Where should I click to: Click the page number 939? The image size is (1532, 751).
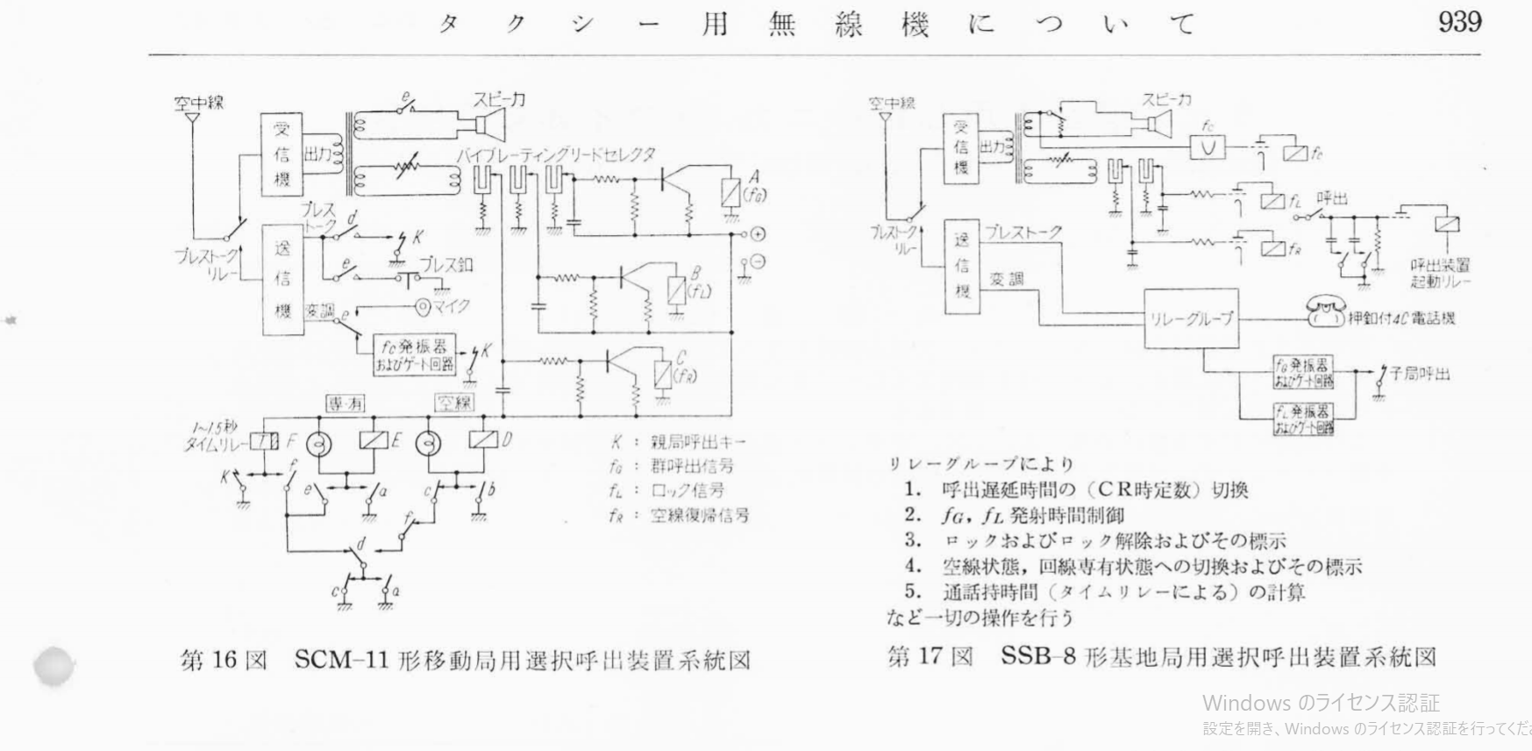1459,23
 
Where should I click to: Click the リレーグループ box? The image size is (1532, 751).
1191,318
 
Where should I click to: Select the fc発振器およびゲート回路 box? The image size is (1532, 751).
414,355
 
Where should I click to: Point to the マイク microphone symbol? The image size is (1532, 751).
425,307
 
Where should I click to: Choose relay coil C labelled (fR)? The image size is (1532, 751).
662,375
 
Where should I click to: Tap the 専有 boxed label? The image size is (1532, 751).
345,403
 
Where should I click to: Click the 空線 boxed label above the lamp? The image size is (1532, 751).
453,403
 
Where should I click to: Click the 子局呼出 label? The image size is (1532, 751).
1420,375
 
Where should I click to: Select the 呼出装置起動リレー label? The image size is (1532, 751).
1440,273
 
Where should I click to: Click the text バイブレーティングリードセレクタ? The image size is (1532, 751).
555,154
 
